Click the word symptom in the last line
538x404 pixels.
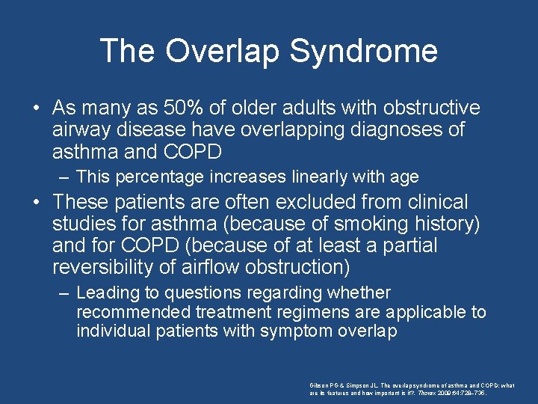pos(291,331)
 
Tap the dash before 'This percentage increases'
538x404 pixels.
pos(65,177)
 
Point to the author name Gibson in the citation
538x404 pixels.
pos(320,384)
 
